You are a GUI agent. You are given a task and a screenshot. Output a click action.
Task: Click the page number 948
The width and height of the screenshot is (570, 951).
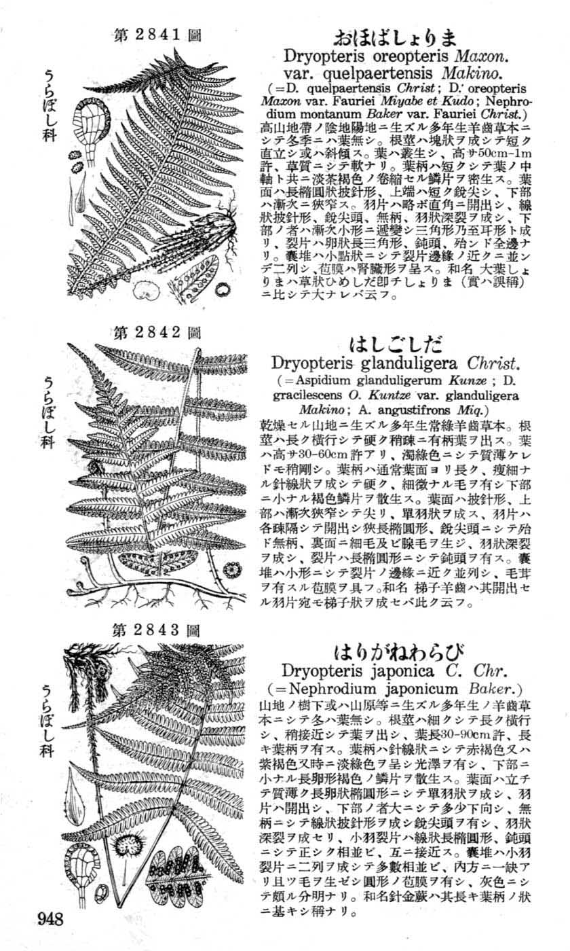[x=51, y=920]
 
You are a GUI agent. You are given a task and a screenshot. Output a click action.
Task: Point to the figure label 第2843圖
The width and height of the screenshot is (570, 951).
[x=157, y=630]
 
